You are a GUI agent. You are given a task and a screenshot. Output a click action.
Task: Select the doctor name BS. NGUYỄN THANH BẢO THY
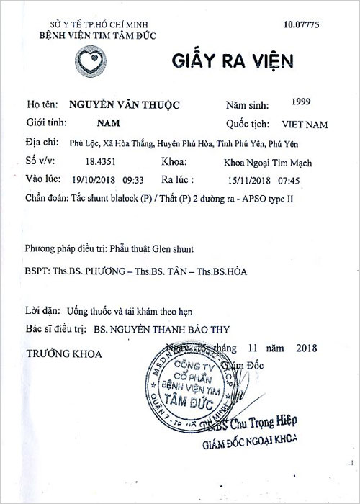tap(166, 328)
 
